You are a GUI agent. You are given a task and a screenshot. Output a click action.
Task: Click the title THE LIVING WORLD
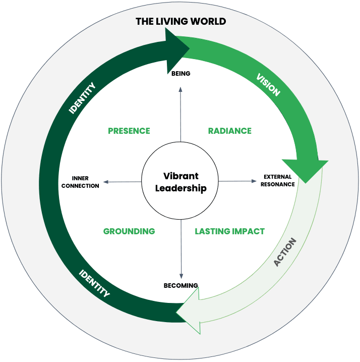(181, 22)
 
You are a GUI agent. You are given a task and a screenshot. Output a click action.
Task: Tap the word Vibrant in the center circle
(181, 176)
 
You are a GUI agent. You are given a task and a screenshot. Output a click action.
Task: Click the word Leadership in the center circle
(181, 188)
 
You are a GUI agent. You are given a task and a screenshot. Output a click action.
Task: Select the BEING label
(181, 74)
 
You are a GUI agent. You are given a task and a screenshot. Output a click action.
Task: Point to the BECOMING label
(181, 286)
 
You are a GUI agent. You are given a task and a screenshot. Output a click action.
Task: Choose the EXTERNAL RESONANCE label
(277, 181)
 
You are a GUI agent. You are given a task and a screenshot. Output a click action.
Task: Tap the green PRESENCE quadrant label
(129, 131)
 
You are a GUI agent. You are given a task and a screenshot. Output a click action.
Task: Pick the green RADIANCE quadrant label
(229, 131)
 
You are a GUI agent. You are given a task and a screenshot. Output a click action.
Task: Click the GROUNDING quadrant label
(129, 231)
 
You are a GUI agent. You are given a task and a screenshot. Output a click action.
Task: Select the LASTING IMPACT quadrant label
(229, 231)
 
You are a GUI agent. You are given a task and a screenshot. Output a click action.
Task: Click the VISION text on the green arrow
(268, 85)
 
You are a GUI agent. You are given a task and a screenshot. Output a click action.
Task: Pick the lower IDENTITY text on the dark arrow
(94, 283)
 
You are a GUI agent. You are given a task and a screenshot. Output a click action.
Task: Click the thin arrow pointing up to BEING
(181, 111)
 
